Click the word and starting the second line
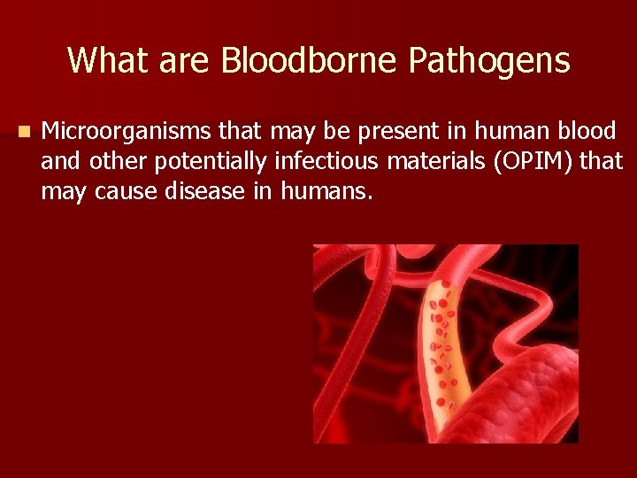61,161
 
